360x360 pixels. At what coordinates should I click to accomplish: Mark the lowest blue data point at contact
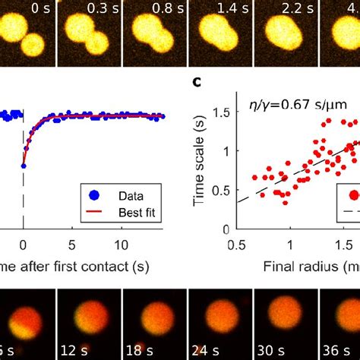[x=24, y=165]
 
